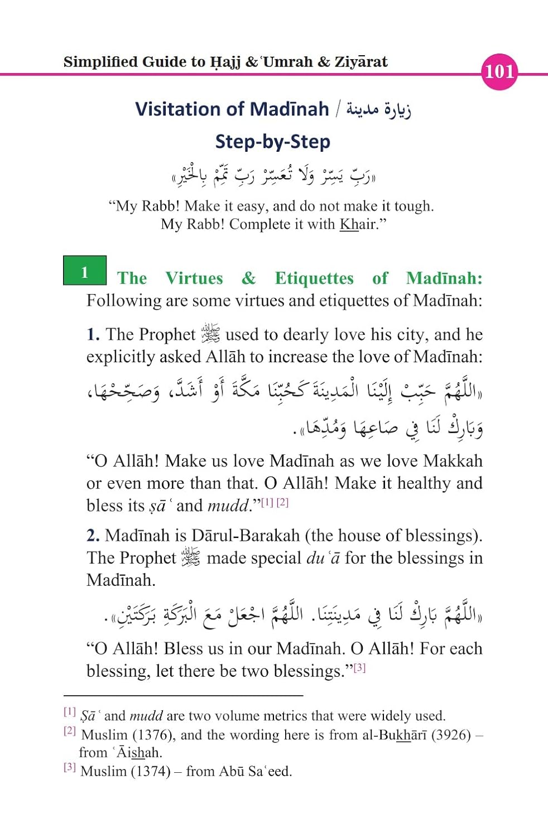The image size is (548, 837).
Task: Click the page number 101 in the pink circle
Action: (x=499, y=71)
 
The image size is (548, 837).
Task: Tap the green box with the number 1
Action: (x=84, y=271)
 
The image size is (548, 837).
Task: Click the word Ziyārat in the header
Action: (x=360, y=61)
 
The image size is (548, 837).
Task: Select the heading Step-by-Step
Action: (x=272, y=141)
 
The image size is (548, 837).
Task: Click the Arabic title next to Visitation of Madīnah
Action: (x=378, y=109)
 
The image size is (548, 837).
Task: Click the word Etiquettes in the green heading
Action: (x=314, y=278)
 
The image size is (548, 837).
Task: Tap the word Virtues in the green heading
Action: (x=194, y=278)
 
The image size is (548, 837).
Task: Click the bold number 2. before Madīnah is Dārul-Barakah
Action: (x=93, y=536)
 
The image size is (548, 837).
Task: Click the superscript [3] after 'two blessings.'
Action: (x=359, y=667)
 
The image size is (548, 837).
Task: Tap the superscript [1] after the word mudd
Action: (x=267, y=502)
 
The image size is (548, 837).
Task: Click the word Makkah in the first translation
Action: (x=453, y=461)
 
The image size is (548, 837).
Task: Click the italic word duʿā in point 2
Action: (x=323, y=558)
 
